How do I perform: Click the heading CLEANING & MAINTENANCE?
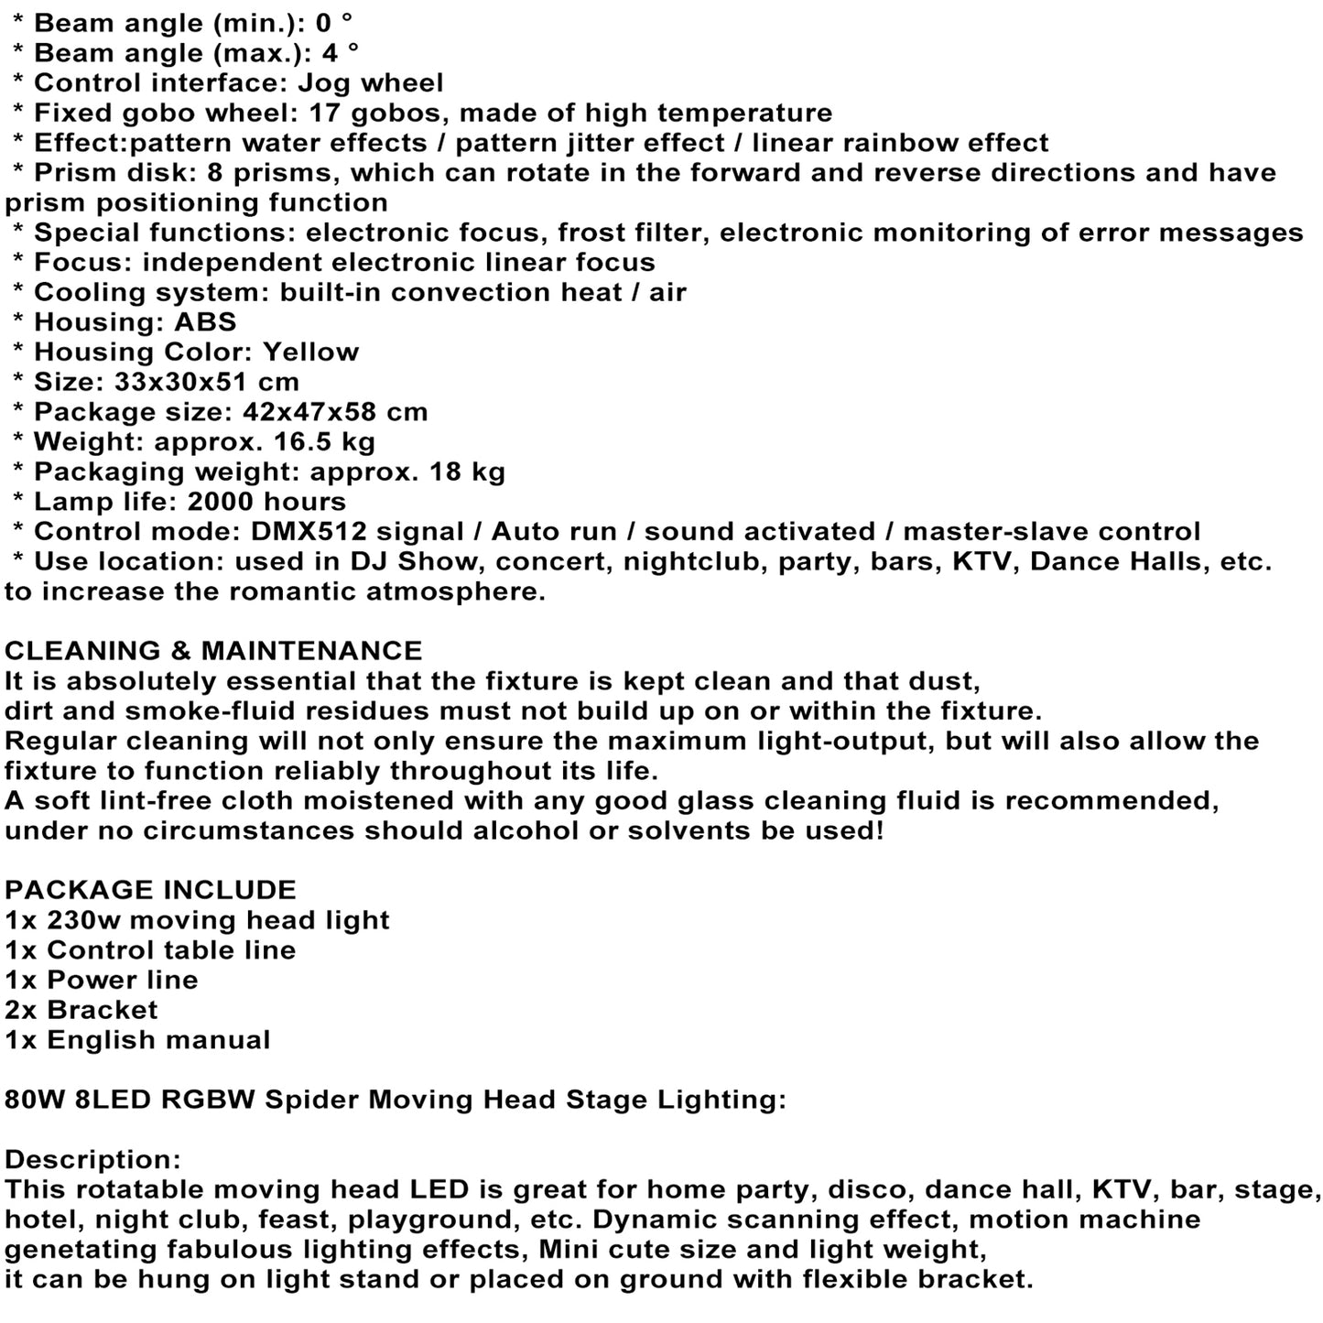[x=213, y=651]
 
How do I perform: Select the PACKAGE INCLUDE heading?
[x=150, y=890]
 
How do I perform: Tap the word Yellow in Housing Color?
[x=310, y=352]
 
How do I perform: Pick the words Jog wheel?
[x=371, y=83]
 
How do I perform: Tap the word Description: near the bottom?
[x=93, y=1160]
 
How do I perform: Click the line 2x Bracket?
[x=81, y=1010]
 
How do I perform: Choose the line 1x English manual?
[x=137, y=1040]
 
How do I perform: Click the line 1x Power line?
[x=102, y=980]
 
